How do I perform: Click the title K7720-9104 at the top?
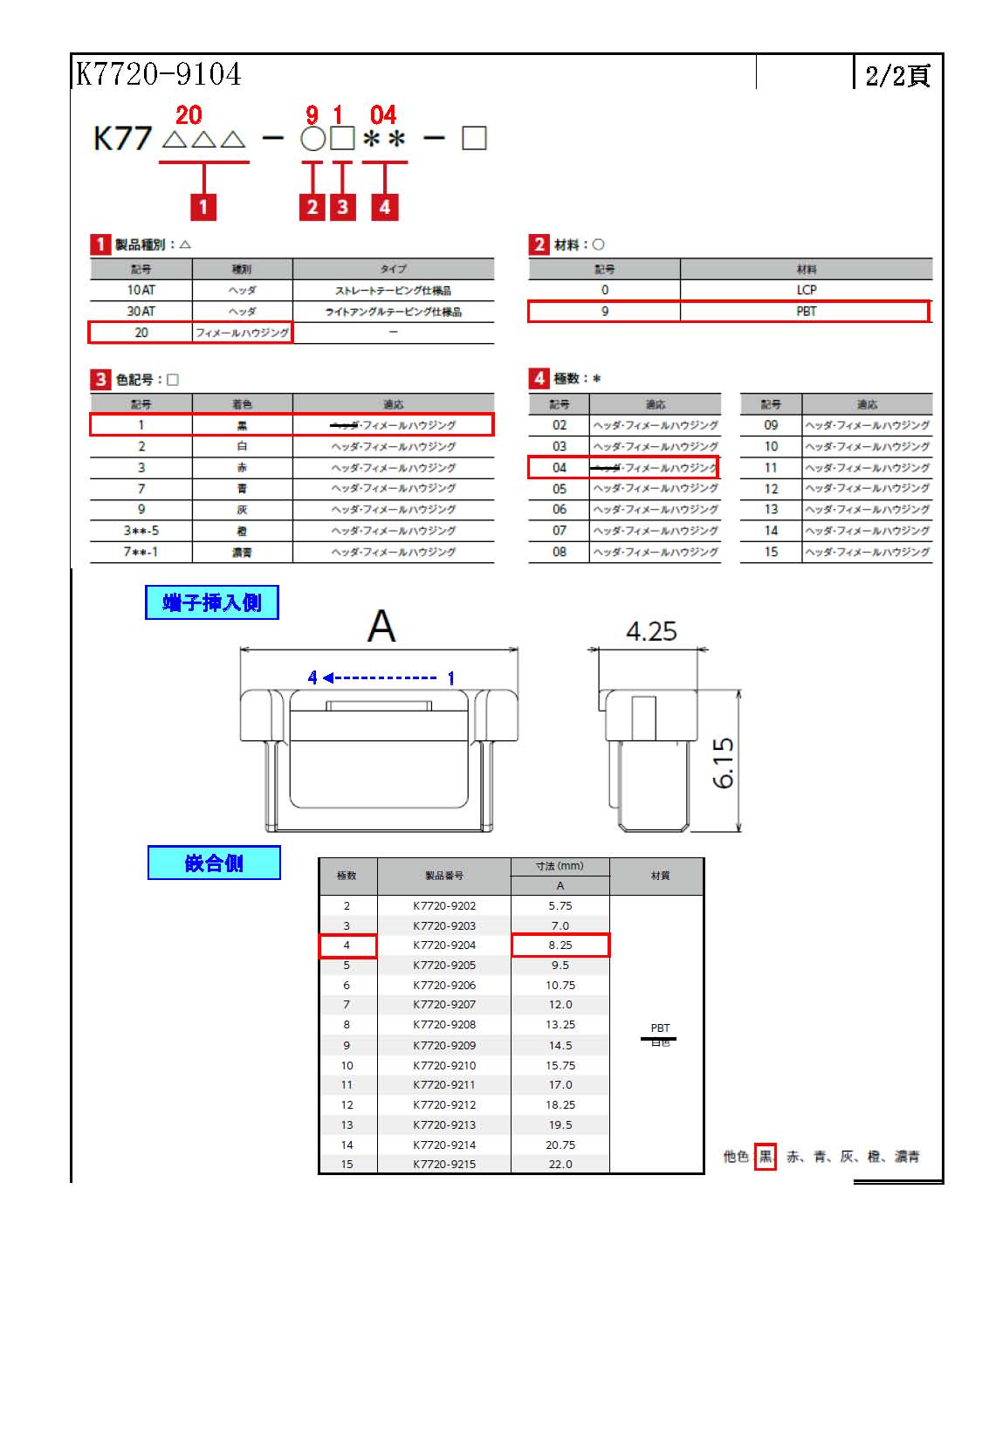coord(158,74)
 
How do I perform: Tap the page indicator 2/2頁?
coord(896,75)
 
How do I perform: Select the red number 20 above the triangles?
coord(189,115)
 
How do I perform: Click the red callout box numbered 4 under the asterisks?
coord(385,207)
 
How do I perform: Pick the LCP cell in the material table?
coord(806,290)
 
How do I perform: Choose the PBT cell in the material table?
coord(806,312)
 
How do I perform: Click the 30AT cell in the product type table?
coord(141,312)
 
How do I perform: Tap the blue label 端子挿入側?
coord(211,602)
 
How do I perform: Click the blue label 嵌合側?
coord(214,863)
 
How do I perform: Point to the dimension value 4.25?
coord(651,631)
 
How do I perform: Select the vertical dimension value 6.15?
coord(724,763)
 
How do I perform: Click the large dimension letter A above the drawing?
coord(381,626)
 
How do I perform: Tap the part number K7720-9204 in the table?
coord(444,945)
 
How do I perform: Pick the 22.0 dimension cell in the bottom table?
coord(560,1164)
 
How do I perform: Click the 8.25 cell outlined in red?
coord(560,945)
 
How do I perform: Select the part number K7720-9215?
coord(444,1164)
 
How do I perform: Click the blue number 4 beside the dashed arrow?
coord(312,677)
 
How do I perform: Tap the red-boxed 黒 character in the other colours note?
coord(766,1157)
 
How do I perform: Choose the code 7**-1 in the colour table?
coord(141,552)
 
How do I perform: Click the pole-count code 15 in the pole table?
coord(771,552)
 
